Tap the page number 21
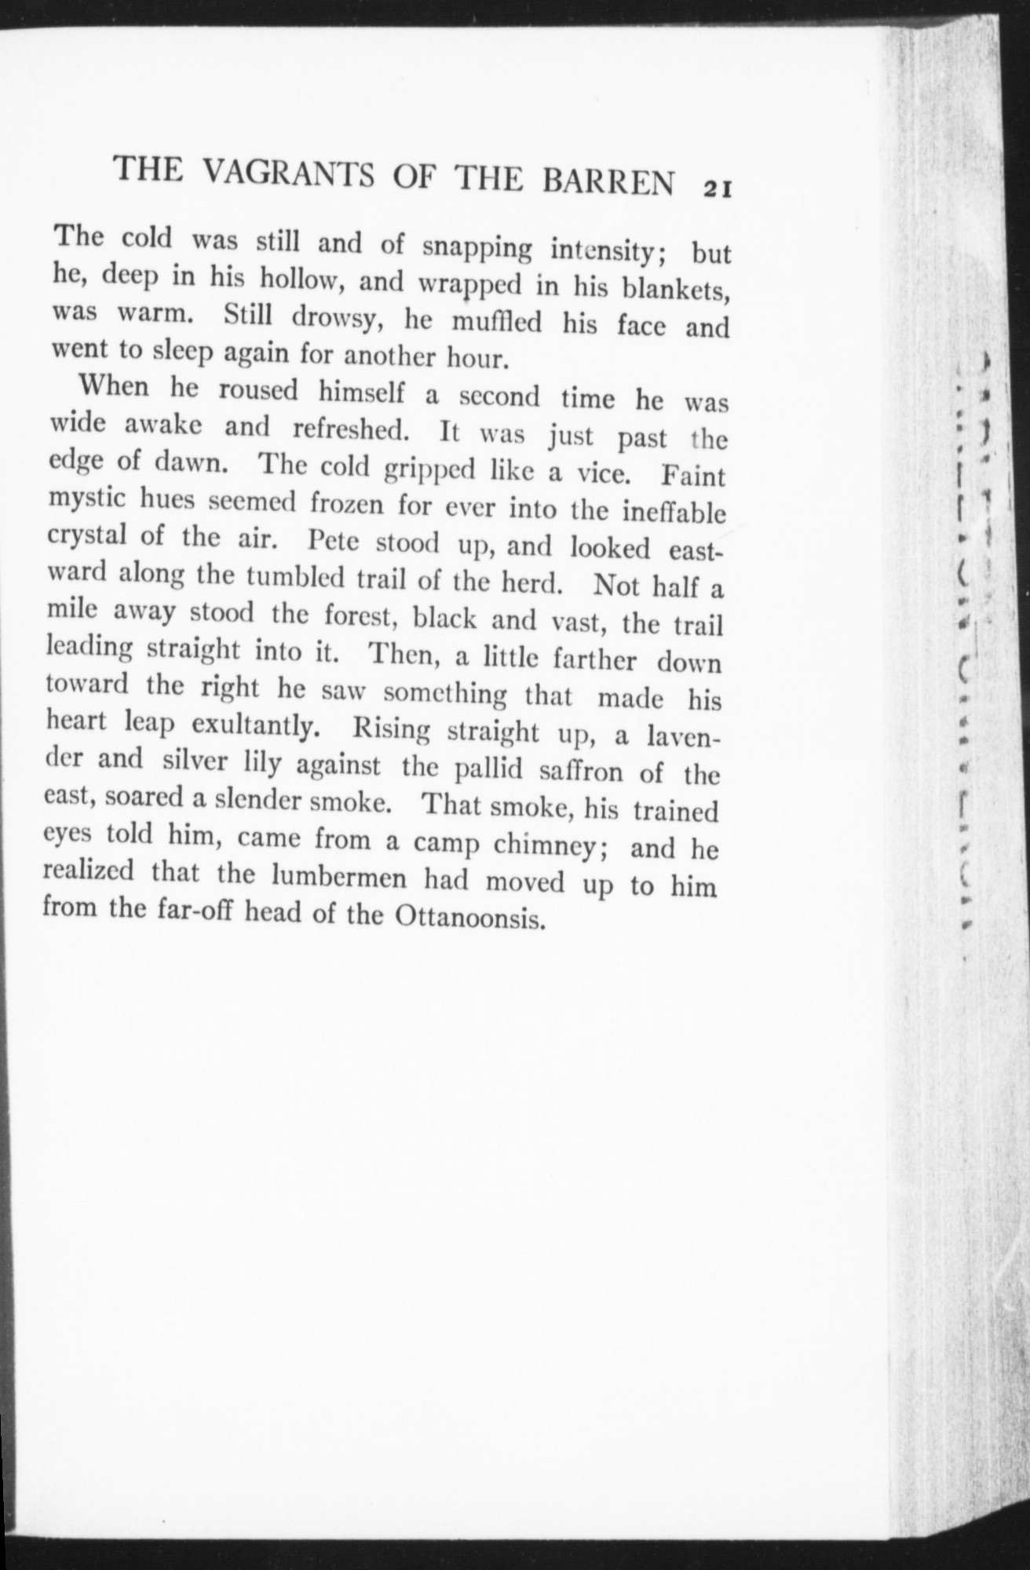click(718, 188)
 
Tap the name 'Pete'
click(335, 542)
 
